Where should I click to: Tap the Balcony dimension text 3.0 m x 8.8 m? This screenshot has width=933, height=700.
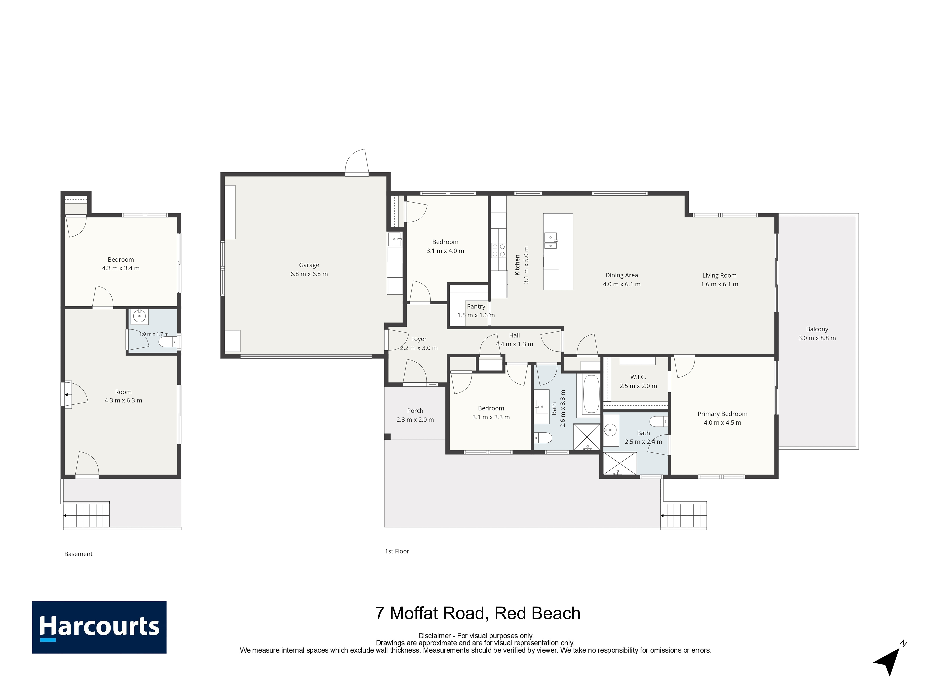(817, 338)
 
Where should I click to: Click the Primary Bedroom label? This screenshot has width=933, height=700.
(722, 414)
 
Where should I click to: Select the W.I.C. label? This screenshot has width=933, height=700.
(638, 377)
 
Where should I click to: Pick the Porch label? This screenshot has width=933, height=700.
(415, 411)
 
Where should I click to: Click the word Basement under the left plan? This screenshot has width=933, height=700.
(79, 554)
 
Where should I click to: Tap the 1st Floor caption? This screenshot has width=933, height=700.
(397, 551)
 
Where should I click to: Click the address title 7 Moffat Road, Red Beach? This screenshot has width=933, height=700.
(478, 613)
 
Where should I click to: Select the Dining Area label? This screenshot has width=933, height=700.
(622, 275)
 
